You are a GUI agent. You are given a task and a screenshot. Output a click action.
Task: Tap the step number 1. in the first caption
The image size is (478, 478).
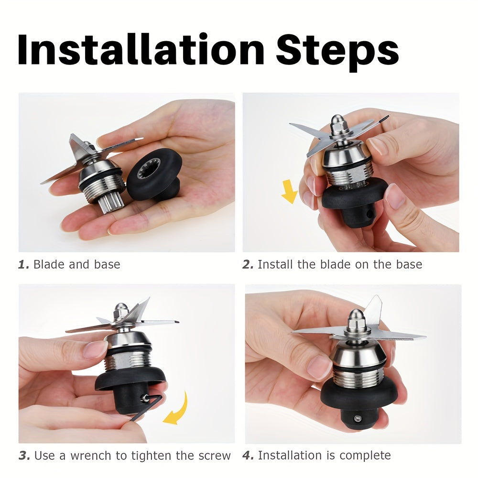pyautogui.click(x=24, y=264)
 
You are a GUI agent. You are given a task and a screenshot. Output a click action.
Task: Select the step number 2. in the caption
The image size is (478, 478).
pyautogui.click(x=248, y=264)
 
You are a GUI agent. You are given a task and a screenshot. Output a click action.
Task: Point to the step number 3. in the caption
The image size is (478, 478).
pyautogui.click(x=24, y=456)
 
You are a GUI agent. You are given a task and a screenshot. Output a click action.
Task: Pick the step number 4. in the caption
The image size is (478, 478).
pyautogui.click(x=248, y=456)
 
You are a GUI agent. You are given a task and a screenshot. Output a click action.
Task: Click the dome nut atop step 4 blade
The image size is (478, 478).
pyautogui.click(x=357, y=318)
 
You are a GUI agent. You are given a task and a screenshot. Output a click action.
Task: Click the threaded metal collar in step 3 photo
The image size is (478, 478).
pyautogui.click(x=128, y=360)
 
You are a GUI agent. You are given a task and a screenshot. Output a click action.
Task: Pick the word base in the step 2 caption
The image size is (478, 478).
pyautogui.click(x=409, y=264)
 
